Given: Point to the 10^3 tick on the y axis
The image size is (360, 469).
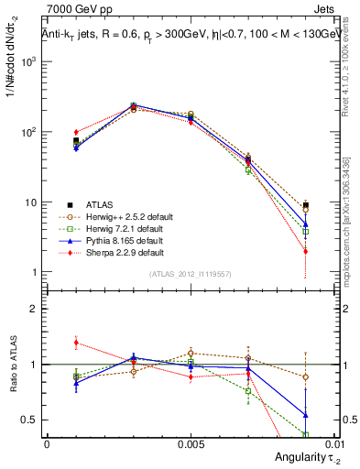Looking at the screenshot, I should coord(33,61).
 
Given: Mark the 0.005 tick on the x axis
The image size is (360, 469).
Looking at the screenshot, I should coord(191,442).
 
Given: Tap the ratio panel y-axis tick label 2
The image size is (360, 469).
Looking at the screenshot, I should coord(37,309).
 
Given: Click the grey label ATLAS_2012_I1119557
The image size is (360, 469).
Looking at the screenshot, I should coord(191,273).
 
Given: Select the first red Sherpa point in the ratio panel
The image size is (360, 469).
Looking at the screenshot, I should coord(76,343).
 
